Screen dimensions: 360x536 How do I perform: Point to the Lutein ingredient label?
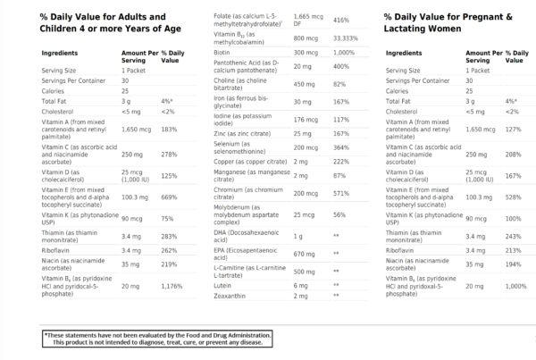pos(225,284)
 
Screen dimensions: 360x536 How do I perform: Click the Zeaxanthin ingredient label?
pos(233,295)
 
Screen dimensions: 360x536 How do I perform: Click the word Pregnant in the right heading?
pos(483,16)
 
